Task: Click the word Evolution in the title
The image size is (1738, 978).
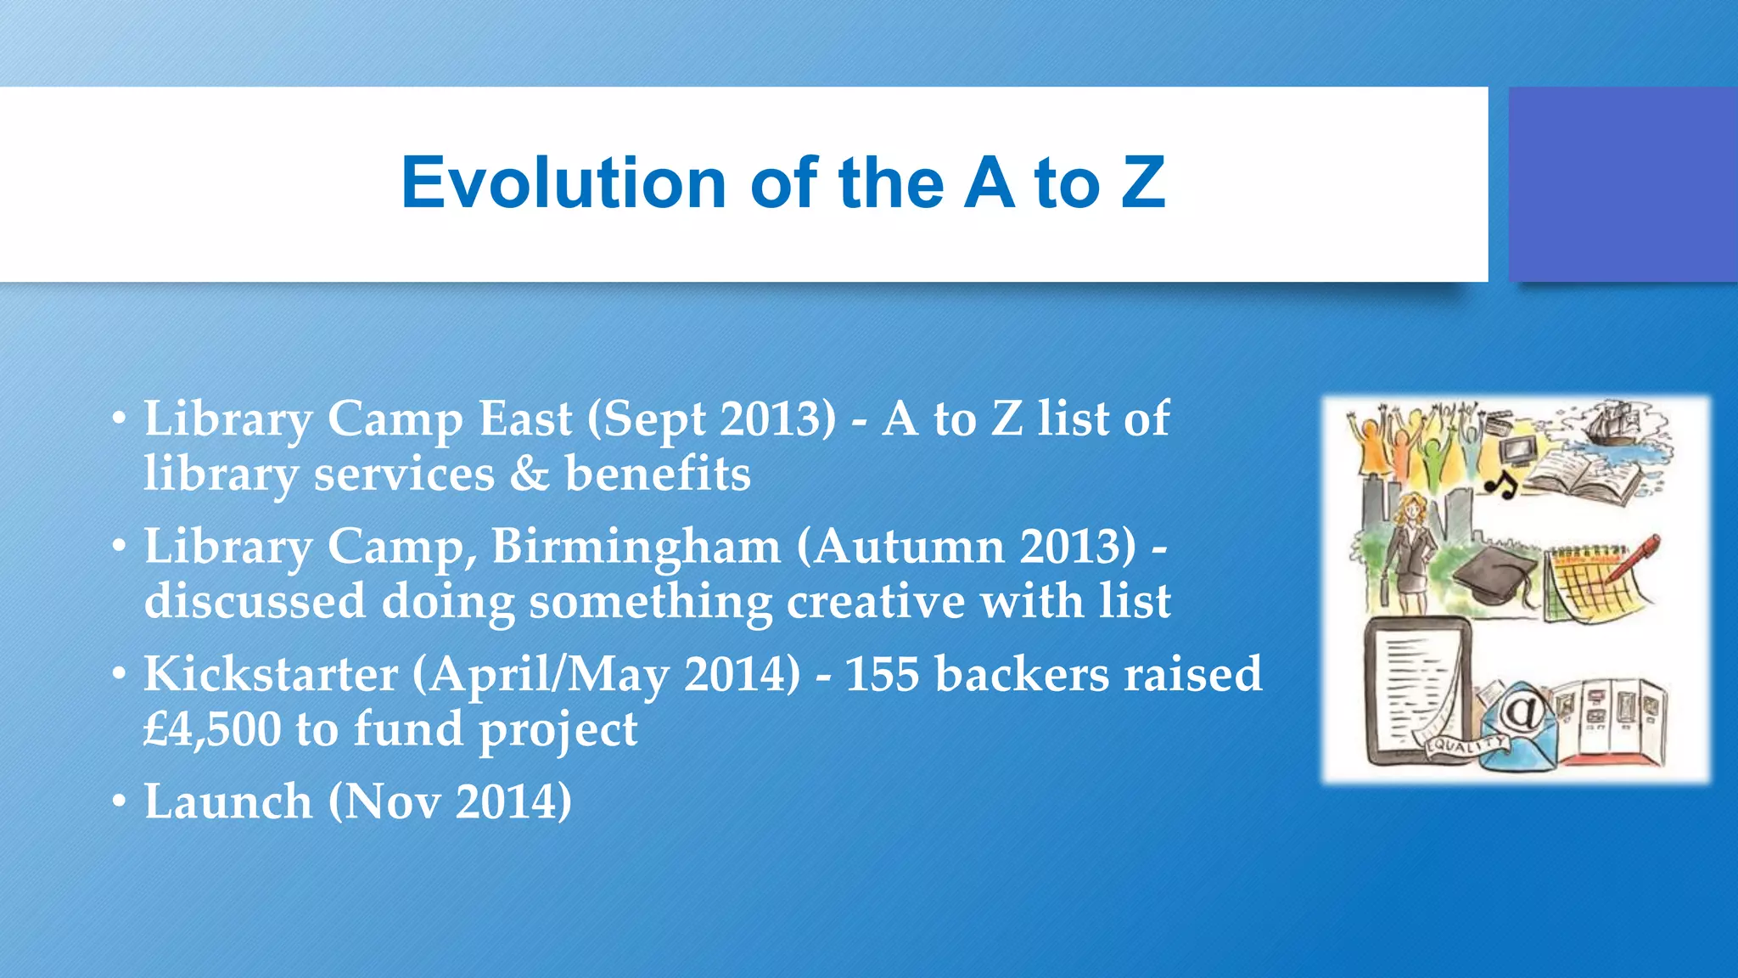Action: point(563,183)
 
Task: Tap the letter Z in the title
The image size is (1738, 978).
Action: point(1143,183)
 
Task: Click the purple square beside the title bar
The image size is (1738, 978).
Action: point(1623,184)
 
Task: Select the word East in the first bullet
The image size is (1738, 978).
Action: point(525,419)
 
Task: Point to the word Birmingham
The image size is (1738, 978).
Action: point(636,546)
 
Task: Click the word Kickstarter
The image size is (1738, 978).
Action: point(270,674)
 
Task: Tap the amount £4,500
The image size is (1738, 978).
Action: point(212,729)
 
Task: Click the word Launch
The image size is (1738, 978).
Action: point(228,801)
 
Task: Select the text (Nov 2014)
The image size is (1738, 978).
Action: point(451,801)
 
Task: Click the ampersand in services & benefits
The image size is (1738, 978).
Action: point(530,474)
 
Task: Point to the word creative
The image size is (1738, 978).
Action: point(876,601)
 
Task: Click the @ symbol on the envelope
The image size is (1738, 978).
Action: point(1523,711)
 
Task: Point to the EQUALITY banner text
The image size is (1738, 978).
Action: point(1466,745)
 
